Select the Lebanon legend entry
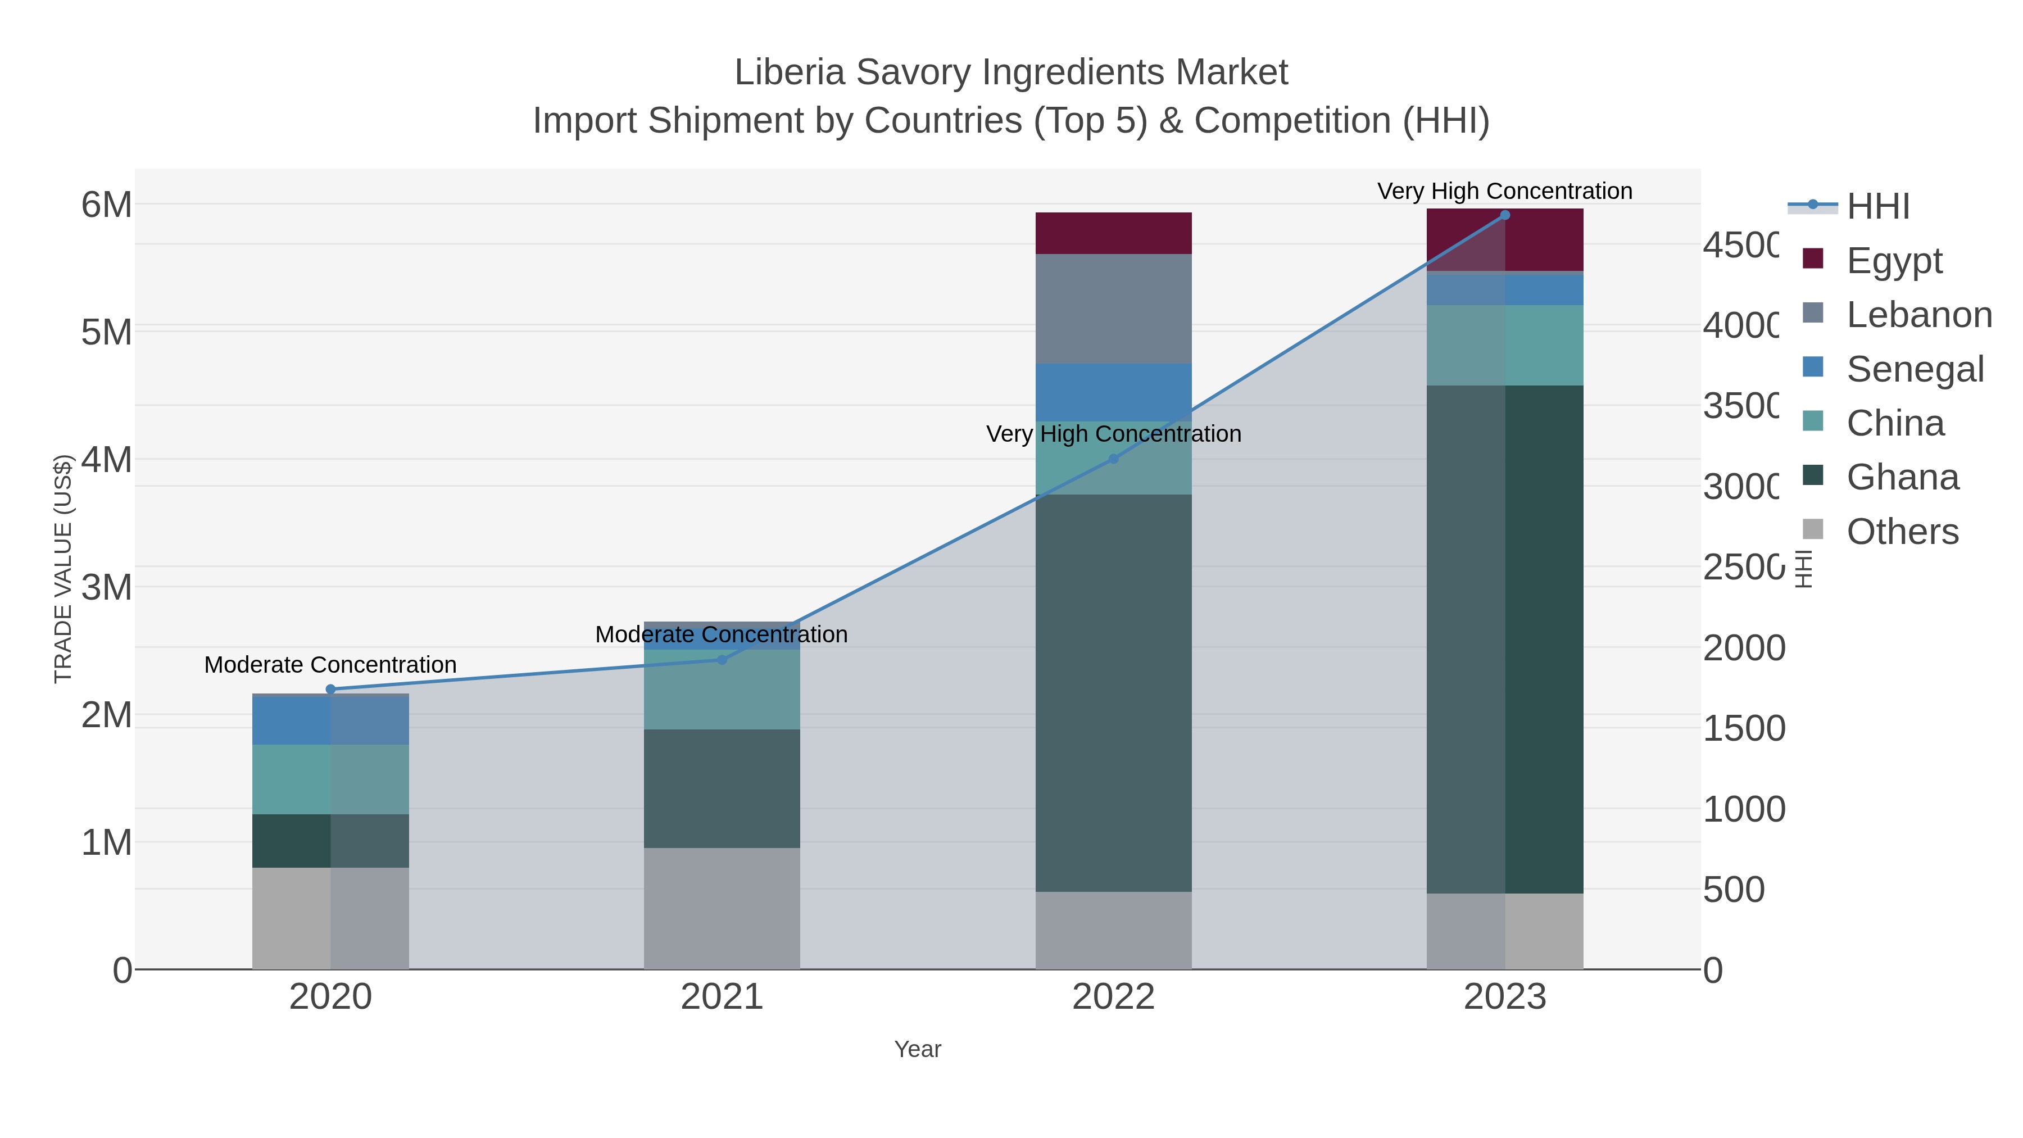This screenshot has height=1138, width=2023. pyautogui.click(x=1918, y=315)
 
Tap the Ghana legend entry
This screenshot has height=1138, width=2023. pyautogui.click(x=1902, y=478)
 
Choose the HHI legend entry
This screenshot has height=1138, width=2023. pyautogui.click(x=1877, y=207)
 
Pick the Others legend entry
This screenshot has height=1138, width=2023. pyautogui.click(x=1902, y=532)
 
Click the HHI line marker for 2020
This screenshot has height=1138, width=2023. pyautogui.click(x=330, y=690)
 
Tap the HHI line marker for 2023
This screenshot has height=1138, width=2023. pyautogui.click(x=1505, y=215)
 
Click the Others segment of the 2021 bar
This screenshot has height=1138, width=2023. pyautogui.click(x=722, y=908)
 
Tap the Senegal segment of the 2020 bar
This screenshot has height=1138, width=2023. pyautogui.click(x=330, y=721)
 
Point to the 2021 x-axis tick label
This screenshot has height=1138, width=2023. pyautogui.click(x=722, y=998)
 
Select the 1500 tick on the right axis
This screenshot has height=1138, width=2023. pyautogui.click(x=1743, y=729)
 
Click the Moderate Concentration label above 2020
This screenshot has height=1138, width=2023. pyautogui.click(x=330, y=665)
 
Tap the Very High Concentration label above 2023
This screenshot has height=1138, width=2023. pyautogui.click(x=1505, y=192)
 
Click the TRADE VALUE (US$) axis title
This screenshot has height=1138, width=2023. pyautogui.click(x=63, y=569)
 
